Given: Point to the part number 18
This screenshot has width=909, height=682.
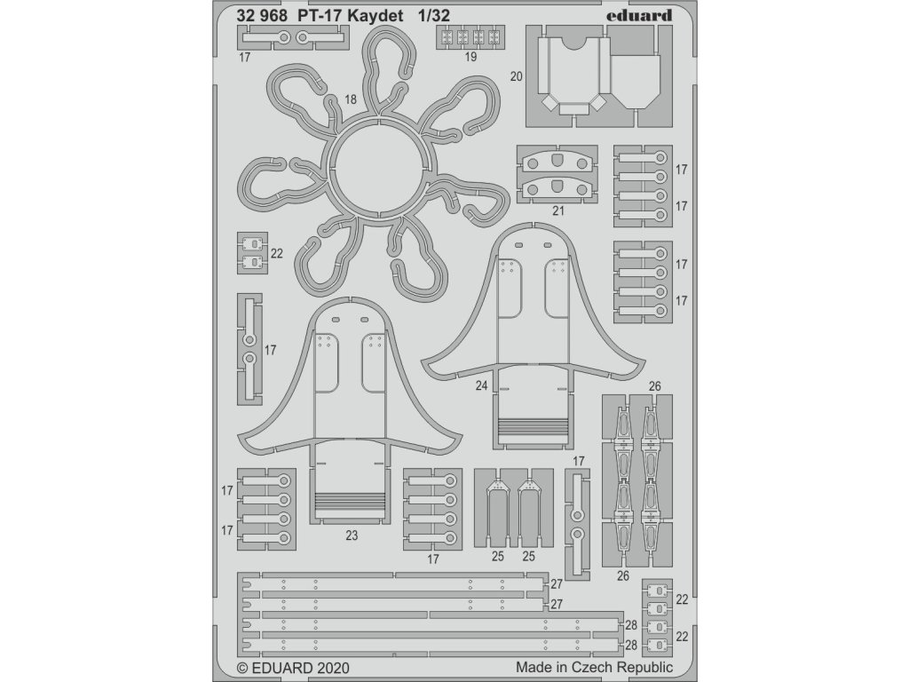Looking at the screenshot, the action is pos(352,100).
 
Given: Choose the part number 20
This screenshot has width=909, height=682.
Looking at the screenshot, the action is pos(516,77).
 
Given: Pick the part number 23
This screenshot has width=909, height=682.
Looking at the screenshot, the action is pos(352,535).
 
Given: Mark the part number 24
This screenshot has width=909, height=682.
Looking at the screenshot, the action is pos(481,385).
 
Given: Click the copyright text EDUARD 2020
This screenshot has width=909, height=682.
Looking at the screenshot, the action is pos(294,667).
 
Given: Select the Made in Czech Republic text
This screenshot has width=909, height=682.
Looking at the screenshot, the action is pos(593,667).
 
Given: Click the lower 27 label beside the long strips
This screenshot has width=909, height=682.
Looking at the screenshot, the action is pos(557,603).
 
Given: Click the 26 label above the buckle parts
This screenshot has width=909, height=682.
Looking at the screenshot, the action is pos(655,385).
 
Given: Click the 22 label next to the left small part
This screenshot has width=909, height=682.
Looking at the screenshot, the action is pos(276,253).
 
